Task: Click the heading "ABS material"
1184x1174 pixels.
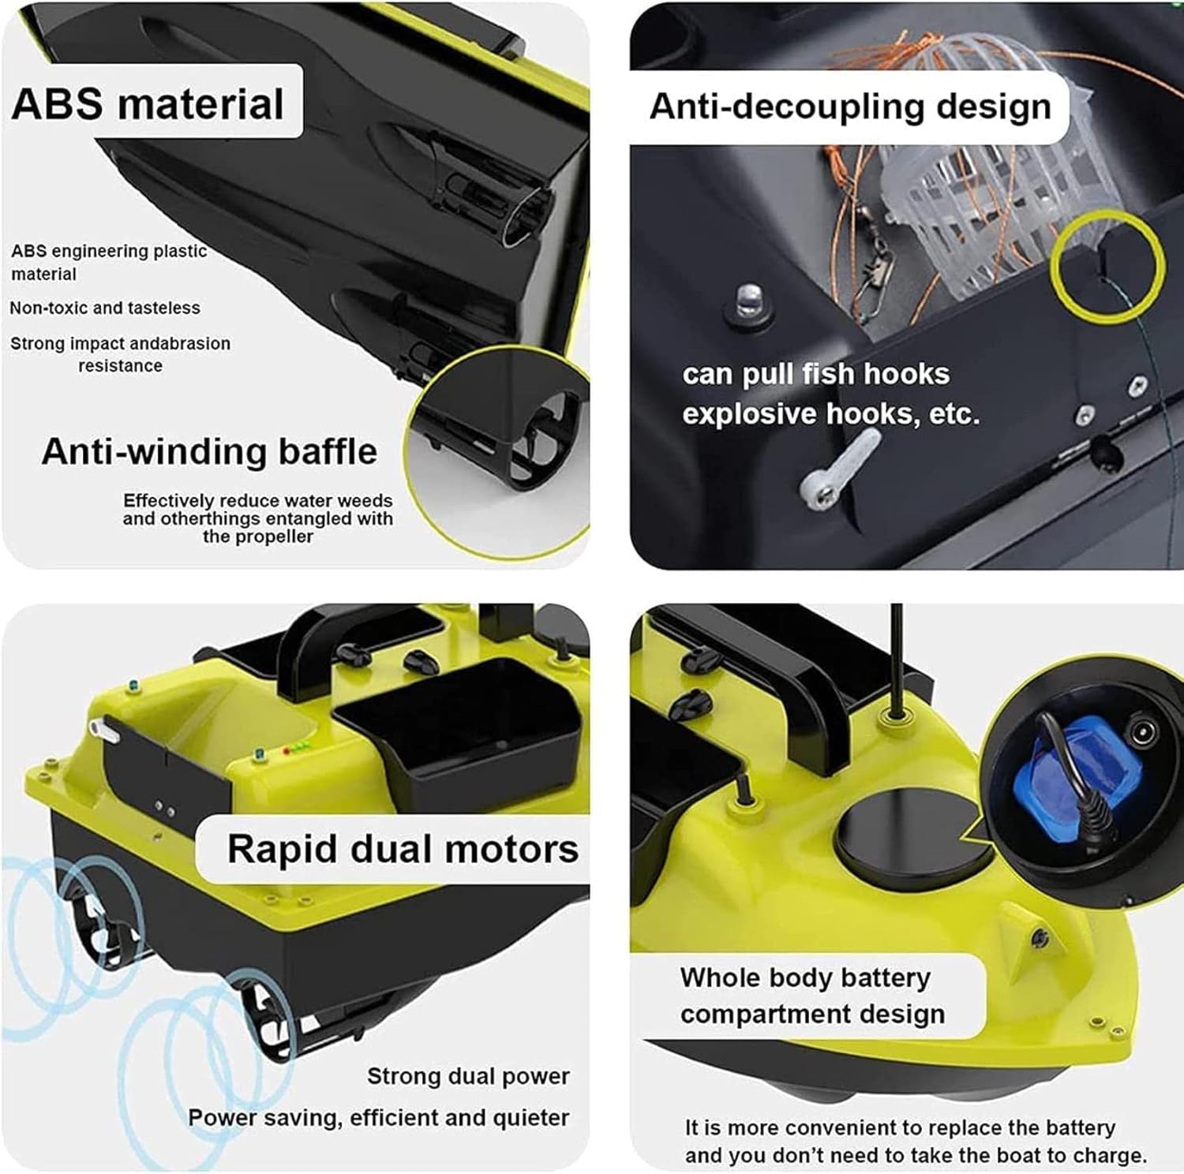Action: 148,103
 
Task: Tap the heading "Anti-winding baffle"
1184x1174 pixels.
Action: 209,451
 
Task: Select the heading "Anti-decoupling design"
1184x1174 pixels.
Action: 850,107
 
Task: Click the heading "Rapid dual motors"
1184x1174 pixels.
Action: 403,849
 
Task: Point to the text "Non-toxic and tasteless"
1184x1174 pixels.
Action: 105,308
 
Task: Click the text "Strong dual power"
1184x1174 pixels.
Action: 468,1076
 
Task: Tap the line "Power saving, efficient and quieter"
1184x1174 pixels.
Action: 379,1118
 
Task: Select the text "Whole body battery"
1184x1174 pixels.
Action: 805,978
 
